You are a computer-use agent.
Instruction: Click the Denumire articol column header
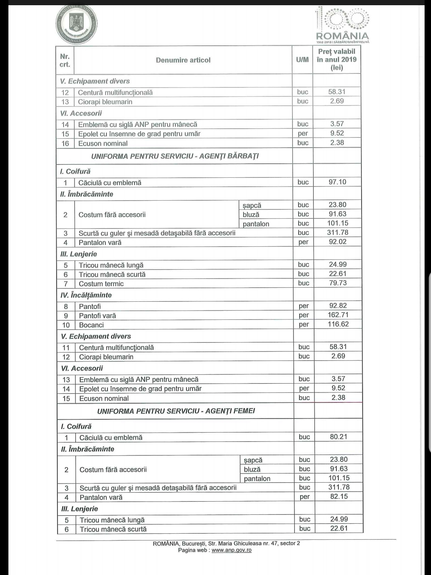tap(183, 60)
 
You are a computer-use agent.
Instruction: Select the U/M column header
tap(302, 60)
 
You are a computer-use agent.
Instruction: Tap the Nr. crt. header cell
tap(65, 60)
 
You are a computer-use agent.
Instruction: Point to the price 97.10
tap(337, 182)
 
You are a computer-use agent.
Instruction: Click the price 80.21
tap(338, 437)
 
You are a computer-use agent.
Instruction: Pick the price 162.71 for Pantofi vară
tap(338, 315)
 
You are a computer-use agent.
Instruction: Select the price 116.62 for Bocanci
tap(338, 324)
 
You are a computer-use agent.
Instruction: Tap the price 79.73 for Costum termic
tap(338, 283)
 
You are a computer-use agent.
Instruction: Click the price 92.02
tap(338, 242)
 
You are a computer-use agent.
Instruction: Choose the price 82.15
tap(339, 497)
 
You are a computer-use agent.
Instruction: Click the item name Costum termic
tap(101, 284)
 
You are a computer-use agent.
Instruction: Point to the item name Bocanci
tap(91, 325)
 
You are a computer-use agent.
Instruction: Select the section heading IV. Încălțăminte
tap(86, 295)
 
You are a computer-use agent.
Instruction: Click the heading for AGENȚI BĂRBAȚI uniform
tap(175, 156)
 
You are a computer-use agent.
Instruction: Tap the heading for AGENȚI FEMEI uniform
tap(176, 411)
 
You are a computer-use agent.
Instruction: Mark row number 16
tap(65, 144)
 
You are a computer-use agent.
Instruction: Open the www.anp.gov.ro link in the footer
tap(231, 550)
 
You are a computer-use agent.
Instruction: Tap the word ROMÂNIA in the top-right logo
tap(342, 36)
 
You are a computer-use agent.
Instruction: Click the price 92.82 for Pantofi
tap(338, 306)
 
